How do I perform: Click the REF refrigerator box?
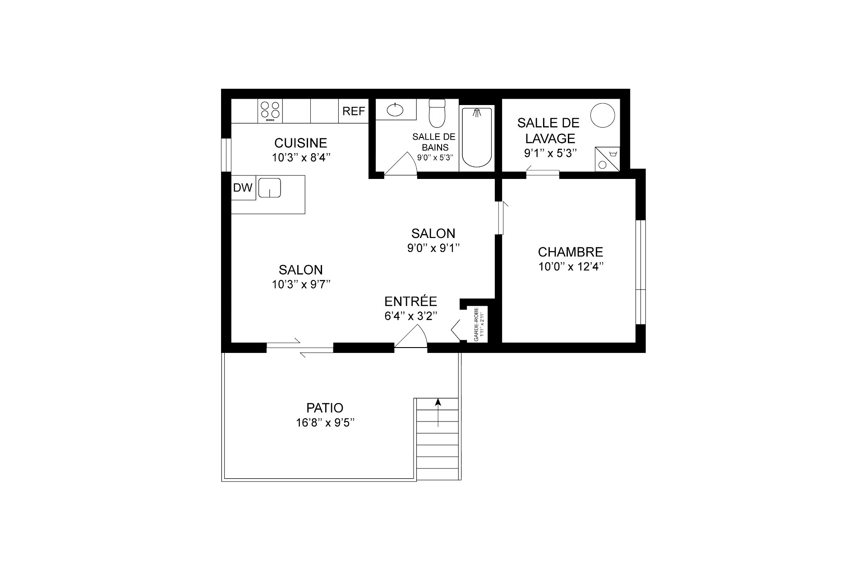[x=354, y=111]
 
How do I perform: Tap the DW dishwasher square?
[x=243, y=188]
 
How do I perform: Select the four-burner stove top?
[x=271, y=111]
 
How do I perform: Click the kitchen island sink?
[x=270, y=188]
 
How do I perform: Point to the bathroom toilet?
[x=437, y=113]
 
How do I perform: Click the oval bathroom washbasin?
[x=395, y=110]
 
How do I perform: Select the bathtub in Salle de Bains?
[x=477, y=138]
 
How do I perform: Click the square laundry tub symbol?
[x=607, y=159]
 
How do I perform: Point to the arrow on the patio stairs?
[x=438, y=412]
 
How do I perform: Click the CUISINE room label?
[x=300, y=143]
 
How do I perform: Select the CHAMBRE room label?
[x=571, y=252]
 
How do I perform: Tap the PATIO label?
[x=325, y=408]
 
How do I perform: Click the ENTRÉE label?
[x=410, y=301]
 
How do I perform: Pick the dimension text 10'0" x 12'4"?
[x=571, y=266]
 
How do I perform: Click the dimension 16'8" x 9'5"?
[x=325, y=423]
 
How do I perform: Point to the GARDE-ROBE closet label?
[x=476, y=324]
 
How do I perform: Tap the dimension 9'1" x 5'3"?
[x=550, y=153]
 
